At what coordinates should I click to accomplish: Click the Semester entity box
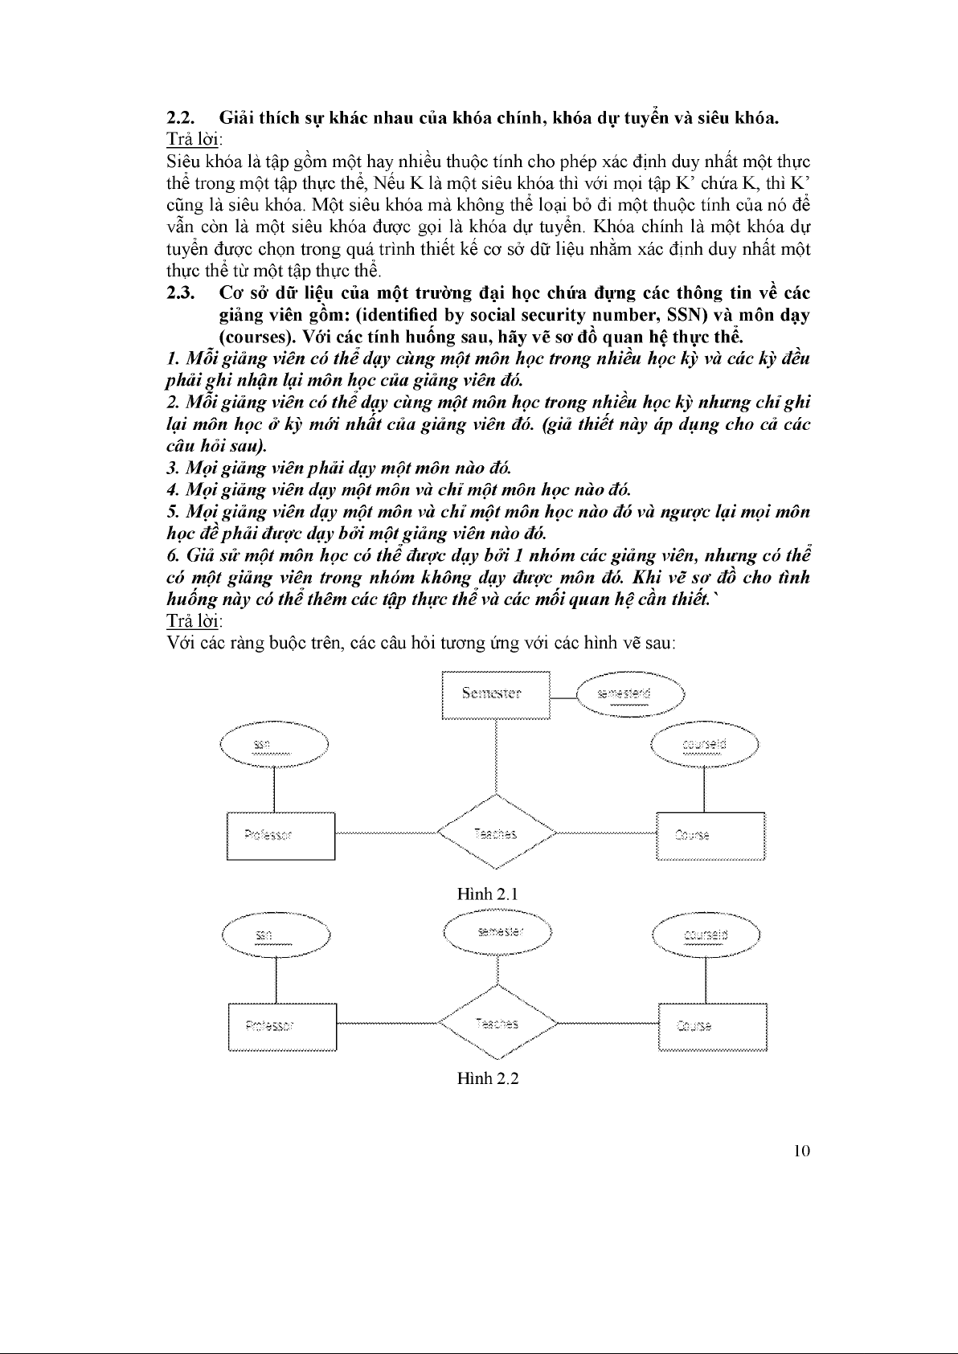496,693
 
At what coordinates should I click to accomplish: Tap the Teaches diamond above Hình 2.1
496,833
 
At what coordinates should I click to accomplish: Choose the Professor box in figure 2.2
281,1026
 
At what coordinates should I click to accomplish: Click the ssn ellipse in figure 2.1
274,745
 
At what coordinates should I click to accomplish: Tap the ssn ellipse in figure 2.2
276,935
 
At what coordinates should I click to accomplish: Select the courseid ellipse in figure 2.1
704,746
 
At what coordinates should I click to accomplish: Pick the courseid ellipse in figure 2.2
706,935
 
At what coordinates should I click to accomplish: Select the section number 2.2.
178,118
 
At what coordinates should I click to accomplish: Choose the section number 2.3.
178,292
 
